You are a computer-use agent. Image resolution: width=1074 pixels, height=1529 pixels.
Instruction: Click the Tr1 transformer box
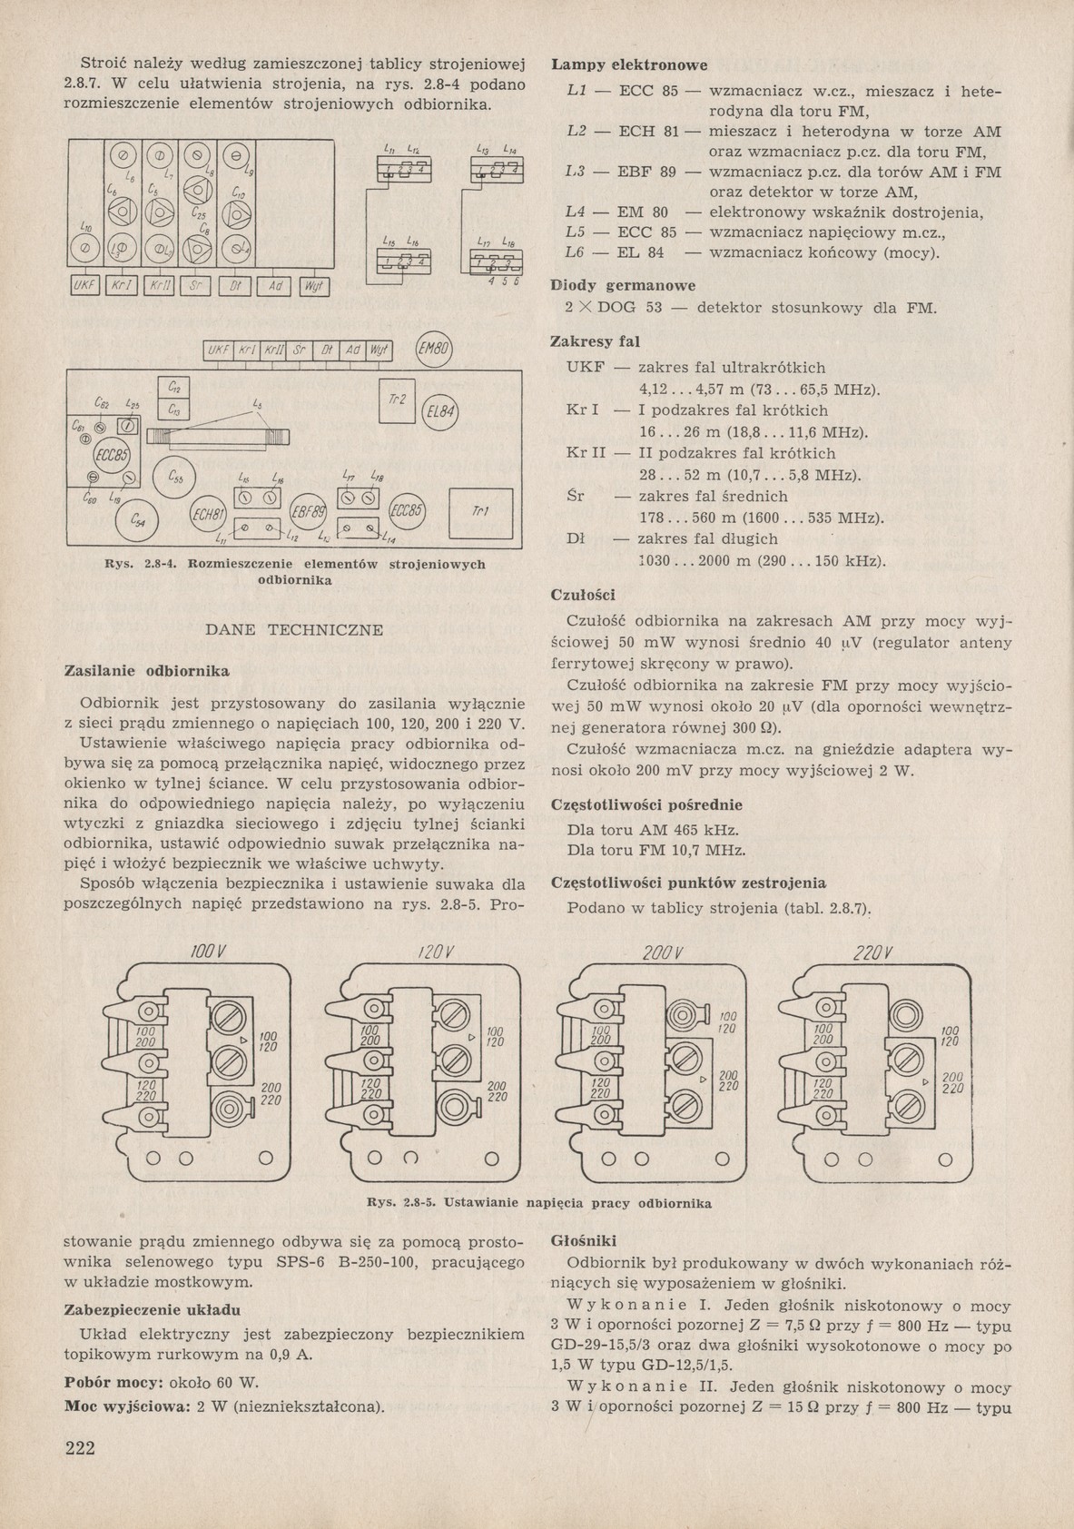(480, 512)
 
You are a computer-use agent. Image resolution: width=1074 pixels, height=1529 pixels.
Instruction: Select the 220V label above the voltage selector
(874, 953)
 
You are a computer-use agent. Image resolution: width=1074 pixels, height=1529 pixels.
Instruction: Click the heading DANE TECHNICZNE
(294, 629)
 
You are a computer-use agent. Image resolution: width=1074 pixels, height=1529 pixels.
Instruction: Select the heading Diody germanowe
(624, 284)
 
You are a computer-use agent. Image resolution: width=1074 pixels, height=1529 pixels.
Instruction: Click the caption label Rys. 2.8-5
(403, 1203)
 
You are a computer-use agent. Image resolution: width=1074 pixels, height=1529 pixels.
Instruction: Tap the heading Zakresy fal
(595, 341)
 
